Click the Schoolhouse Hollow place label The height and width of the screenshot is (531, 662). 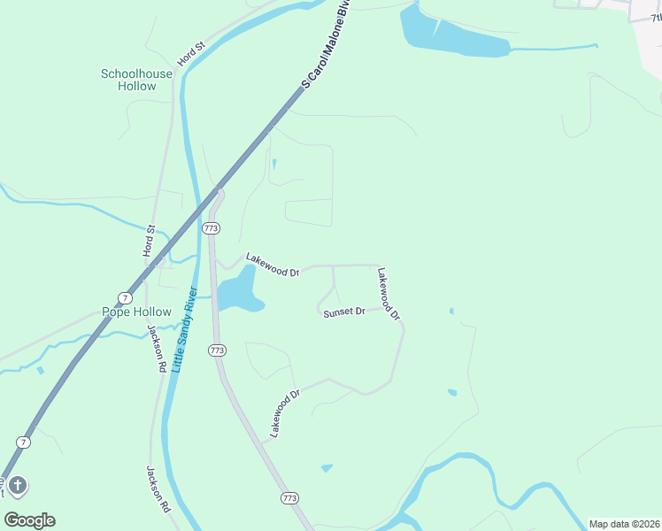(128, 80)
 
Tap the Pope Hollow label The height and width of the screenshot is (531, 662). (135, 312)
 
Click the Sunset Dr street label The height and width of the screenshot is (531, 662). (344, 312)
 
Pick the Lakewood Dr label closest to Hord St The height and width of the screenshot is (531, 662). (273, 265)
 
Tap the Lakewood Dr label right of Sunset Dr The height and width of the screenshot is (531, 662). (389, 294)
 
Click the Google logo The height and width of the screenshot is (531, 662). (29, 519)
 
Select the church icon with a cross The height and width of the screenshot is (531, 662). (19, 485)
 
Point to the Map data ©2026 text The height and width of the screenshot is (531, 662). (623, 524)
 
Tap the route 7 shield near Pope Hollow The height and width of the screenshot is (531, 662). (126, 296)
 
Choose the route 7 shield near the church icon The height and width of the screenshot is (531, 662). (23, 441)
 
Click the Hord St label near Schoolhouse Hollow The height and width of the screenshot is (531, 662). (190, 53)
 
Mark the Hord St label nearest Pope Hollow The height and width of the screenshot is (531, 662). (150, 241)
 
